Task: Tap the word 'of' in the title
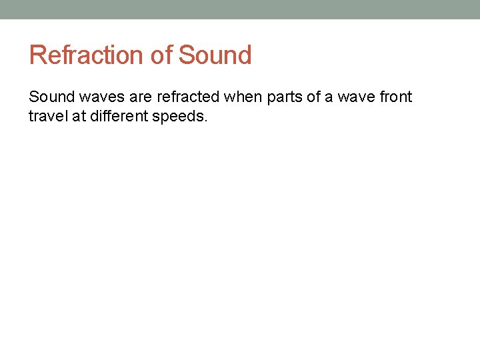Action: tap(161, 55)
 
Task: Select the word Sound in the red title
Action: tap(215, 55)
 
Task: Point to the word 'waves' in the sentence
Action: tap(103, 97)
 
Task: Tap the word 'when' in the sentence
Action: tap(243, 97)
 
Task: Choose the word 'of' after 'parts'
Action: tap(313, 97)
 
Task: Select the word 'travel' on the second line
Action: tap(46, 116)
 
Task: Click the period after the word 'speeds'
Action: tap(207, 120)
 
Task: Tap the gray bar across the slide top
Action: tap(240, 9)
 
